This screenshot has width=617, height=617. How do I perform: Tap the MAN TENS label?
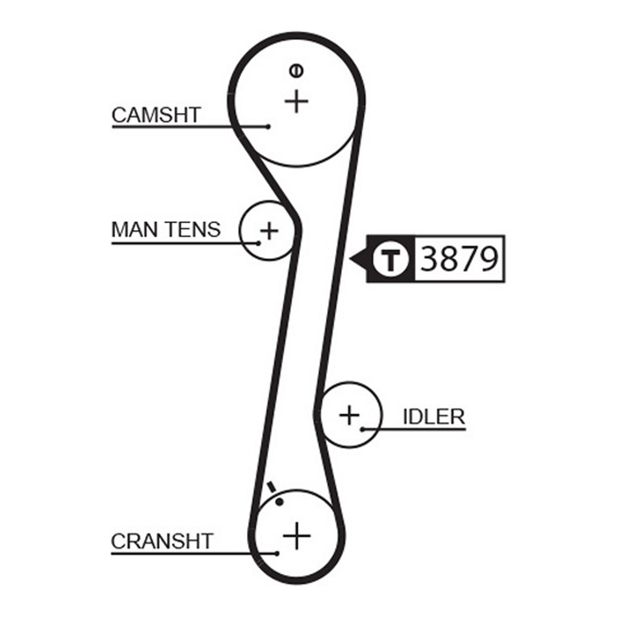tap(166, 229)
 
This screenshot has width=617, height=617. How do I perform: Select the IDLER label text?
tap(433, 416)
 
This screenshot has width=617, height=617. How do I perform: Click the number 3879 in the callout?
tap(459, 259)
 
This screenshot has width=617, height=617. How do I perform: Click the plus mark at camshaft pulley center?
tap(297, 102)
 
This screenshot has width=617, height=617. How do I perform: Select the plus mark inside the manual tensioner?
tap(269, 230)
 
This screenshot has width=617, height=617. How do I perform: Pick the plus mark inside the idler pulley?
tap(349, 415)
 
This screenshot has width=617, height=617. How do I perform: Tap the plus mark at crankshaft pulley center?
tap(297, 535)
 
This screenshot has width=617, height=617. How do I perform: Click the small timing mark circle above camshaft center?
tap(297, 70)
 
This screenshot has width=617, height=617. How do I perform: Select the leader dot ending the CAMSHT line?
tap(268, 127)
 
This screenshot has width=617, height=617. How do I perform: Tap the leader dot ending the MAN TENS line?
tap(259, 244)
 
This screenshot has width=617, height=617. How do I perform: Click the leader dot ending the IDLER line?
tap(362, 429)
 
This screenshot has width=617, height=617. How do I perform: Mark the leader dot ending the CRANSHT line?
tap(277, 553)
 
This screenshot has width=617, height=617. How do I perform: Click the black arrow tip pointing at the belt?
tap(350, 259)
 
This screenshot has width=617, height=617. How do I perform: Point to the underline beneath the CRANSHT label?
tap(194, 553)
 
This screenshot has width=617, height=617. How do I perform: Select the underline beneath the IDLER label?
tap(414, 429)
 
